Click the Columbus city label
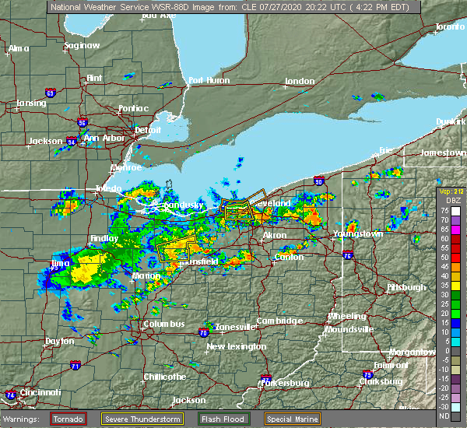point(164,324)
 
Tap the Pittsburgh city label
point(407,287)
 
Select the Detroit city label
point(147,129)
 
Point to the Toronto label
point(449,26)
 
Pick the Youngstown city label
point(358,233)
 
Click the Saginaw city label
point(82,45)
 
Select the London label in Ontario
point(300,81)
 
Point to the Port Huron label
point(208,80)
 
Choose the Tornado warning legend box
point(68,419)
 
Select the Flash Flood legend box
point(222,419)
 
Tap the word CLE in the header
point(233,6)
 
